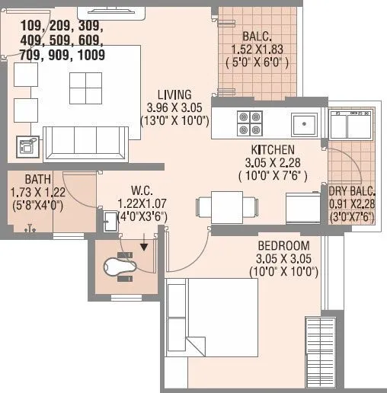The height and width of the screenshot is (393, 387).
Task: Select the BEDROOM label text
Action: coord(283,245)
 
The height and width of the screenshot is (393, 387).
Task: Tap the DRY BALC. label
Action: coord(350,192)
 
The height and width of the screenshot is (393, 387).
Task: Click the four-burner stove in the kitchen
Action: coord(248,122)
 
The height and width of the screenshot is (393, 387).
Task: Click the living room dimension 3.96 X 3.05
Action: coord(169,107)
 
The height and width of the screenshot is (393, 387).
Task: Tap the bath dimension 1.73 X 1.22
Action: coord(33,192)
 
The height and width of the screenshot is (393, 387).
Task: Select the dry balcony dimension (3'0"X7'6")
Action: coord(351,216)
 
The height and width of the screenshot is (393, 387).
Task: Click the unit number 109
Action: coord(24,25)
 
